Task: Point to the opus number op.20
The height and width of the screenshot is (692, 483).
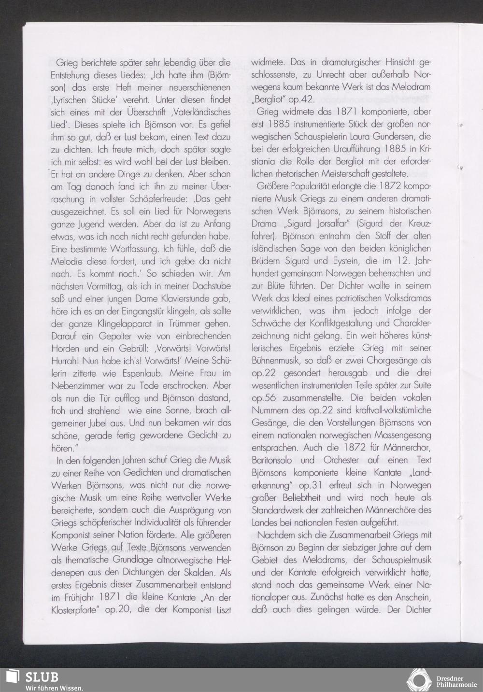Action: coord(118,610)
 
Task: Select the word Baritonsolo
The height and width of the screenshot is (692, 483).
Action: coord(275,459)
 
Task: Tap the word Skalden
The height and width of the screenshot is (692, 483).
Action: coord(195,572)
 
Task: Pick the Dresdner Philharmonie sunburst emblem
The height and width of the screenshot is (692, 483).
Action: coord(418,679)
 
